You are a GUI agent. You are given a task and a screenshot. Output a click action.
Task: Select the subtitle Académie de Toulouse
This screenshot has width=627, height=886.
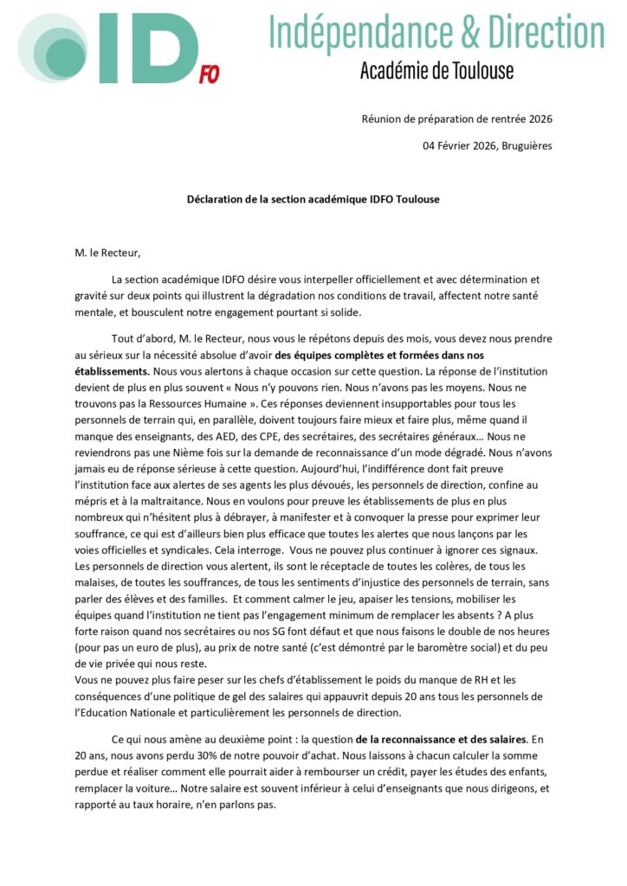click(436, 70)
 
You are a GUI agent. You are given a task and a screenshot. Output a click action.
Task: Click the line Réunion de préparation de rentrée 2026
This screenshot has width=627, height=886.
click(456, 119)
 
